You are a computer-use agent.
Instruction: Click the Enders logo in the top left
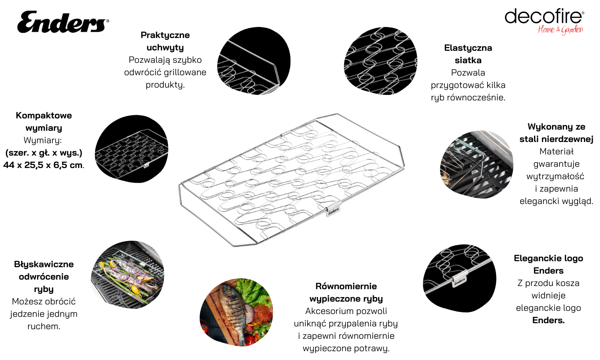63,22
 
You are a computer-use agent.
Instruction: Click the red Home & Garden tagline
560,30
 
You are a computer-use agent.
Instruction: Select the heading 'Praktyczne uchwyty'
165,41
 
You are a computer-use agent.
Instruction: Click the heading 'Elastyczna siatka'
468,54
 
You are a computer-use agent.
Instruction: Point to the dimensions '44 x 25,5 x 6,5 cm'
43,165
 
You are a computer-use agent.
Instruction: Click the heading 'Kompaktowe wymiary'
44,121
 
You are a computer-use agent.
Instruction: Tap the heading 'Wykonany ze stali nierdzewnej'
556,132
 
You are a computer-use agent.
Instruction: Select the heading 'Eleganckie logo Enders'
548,264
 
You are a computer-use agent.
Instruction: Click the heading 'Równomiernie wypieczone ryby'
346,292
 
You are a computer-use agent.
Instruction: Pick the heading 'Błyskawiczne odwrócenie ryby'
44,276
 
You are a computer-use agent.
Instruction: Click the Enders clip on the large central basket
334,210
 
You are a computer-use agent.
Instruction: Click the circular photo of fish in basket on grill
128,275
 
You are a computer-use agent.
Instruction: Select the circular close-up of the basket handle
254,61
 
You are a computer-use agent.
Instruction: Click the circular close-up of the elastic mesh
380,61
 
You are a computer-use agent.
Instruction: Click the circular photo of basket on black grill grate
476,164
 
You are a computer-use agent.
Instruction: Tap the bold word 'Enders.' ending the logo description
548,320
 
